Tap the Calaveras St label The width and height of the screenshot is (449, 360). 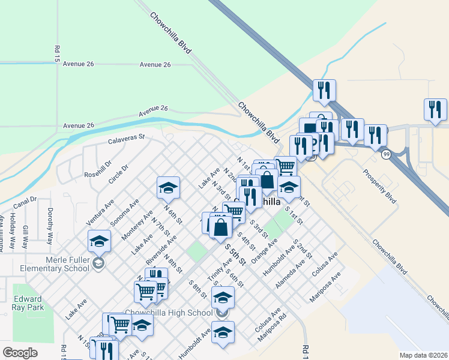tap(127, 139)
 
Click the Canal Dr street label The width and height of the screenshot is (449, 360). tap(25, 203)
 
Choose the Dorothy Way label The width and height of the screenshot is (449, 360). tap(50, 221)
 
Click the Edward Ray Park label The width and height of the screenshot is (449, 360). tap(28, 303)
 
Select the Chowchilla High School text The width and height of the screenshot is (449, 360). tap(168, 313)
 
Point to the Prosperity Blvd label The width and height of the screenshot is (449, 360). tap(379, 187)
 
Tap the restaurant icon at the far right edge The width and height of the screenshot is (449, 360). tap(435, 110)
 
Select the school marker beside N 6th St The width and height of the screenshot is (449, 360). tap(169, 188)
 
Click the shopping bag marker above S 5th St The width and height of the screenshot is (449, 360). tap(221, 227)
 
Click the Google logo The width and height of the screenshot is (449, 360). tap(20, 353)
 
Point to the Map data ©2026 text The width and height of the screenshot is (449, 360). tap(423, 355)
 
